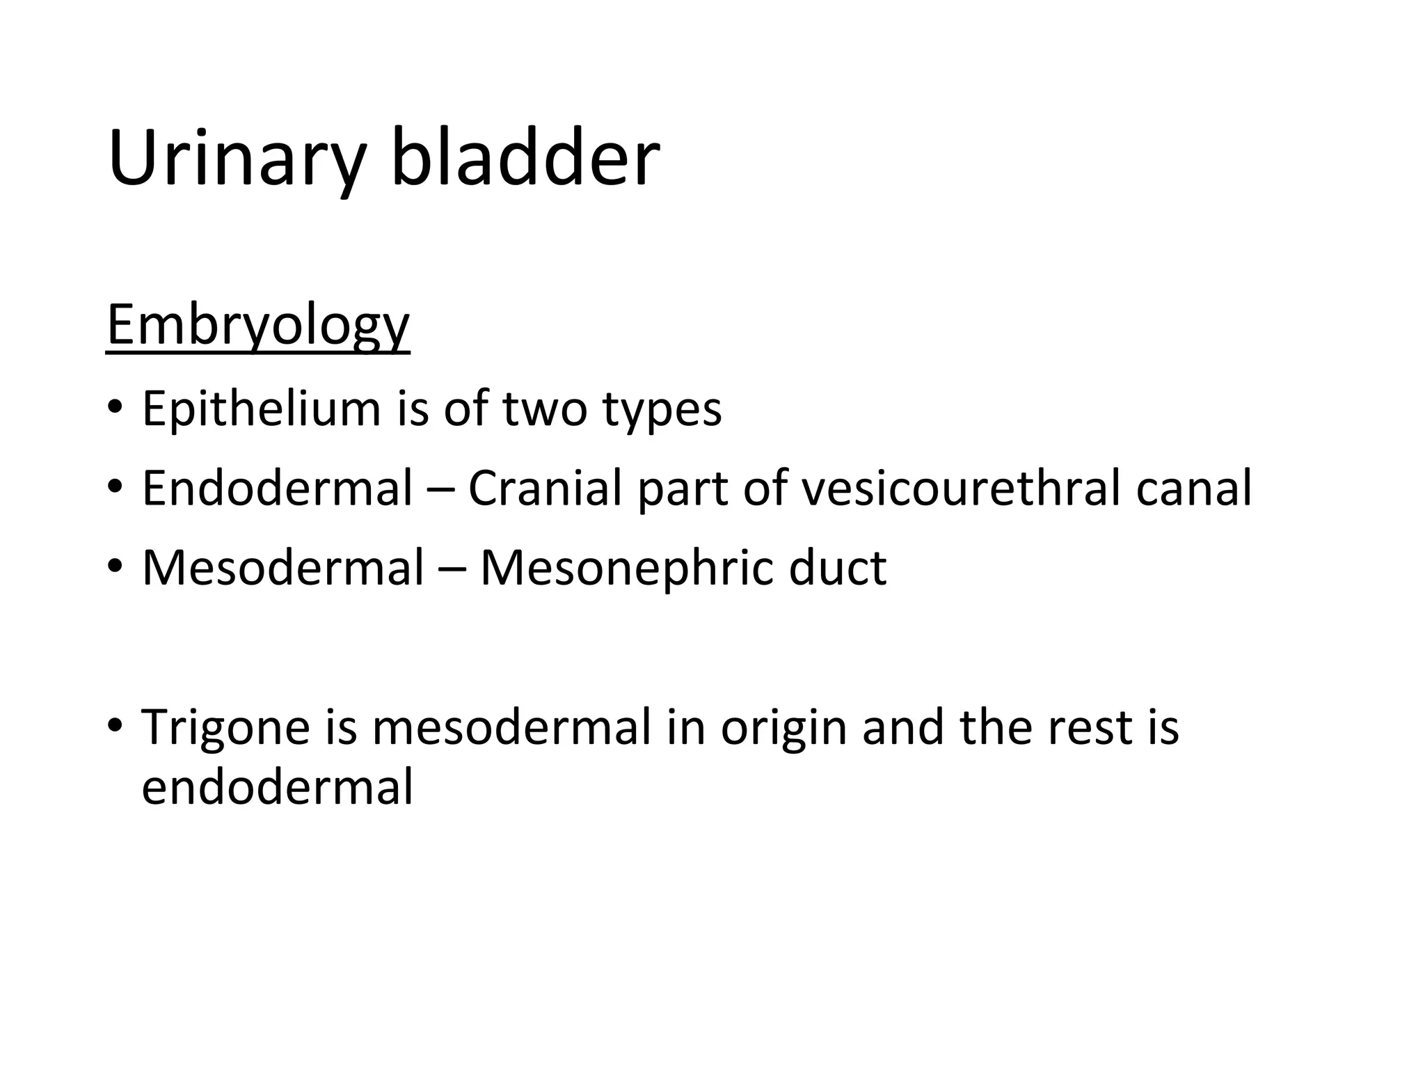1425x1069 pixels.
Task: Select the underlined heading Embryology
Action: point(258,326)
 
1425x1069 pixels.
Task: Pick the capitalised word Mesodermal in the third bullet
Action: point(282,568)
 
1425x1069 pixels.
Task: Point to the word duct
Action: point(838,568)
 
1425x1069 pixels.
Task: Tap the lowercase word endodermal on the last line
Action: point(278,787)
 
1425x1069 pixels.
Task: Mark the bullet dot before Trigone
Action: point(115,725)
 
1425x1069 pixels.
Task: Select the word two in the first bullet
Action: point(545,409)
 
